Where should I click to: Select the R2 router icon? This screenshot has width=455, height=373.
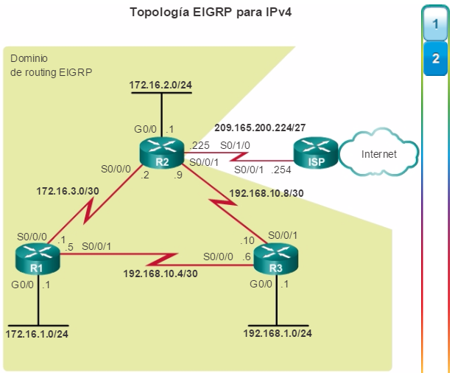pos(162,153)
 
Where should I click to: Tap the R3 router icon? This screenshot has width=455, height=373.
pos(276,259)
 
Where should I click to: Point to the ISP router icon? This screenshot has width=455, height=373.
pos(316,153)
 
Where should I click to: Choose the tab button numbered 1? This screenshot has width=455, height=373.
pos(435,24)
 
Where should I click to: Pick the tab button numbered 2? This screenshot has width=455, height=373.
pos(435,59)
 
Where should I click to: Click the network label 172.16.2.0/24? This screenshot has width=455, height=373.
pos(161,85)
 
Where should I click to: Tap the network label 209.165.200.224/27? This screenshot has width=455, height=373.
pos(260,128)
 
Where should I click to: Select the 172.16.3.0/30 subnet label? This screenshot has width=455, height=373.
pos(68,191)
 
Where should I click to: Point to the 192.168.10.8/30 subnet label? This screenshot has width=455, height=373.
pos(267,193)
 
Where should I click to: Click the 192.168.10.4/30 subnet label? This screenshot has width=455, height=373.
pos(161,273)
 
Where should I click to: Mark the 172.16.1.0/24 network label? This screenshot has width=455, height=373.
pos(37,334)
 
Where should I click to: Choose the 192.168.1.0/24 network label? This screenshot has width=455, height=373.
pos(278,333)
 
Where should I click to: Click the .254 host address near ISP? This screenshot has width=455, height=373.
pos(281,170)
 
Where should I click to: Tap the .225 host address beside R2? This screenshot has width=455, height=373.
pos(199,145)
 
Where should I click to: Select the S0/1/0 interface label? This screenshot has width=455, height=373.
pos(235,145)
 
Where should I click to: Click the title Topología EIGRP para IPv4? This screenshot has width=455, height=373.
pos(211,13)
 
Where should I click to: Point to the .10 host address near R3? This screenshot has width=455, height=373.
pos(247,240)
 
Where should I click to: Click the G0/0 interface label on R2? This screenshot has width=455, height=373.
pos(145,129)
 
